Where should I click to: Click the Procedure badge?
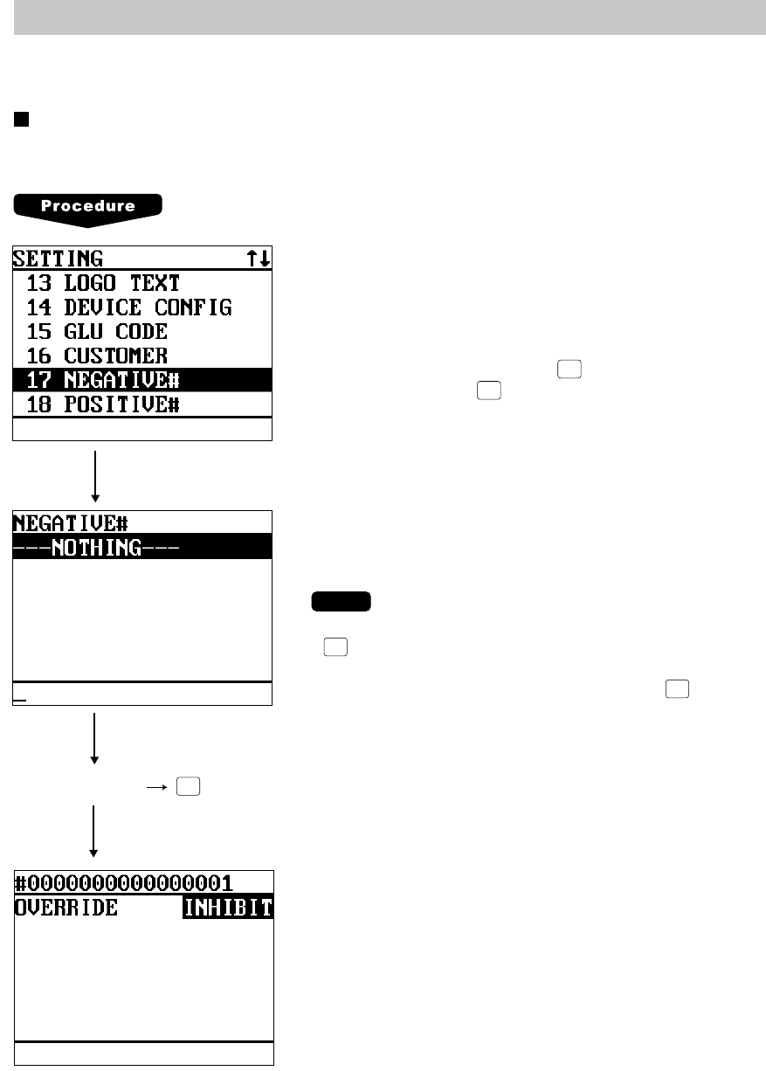87,208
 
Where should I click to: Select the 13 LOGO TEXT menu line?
103,283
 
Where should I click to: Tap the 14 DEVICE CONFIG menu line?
128,307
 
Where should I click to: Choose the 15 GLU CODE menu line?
96,332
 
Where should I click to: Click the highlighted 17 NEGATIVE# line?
103,380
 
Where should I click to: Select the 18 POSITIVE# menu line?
103,404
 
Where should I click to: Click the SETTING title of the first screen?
59,259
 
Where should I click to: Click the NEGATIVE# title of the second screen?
71,523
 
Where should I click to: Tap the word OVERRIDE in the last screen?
66,908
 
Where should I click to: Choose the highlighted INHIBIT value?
228,908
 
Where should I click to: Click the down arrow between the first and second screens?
94,476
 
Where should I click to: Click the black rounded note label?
340,602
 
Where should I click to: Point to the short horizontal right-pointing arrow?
156,786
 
